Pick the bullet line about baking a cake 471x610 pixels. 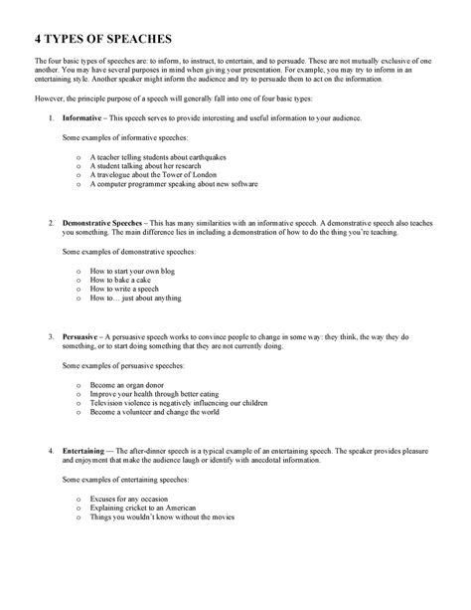pyautogui.click(x=117, y=280)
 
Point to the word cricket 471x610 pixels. pyautogui.click(x=139, y=507)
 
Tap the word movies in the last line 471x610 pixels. pyautogui.click(x=223, y=515)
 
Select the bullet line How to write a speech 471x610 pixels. pyautogui.click(x=124, y=289)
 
